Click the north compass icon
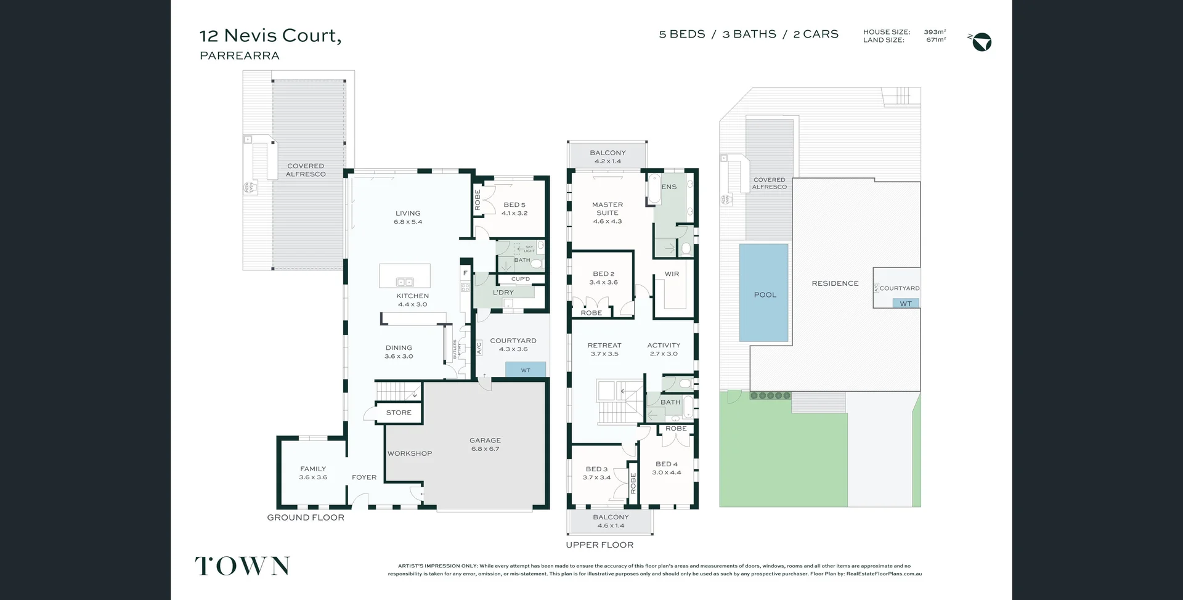click(x=982, y=42)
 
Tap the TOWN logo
click(x=242, y=566)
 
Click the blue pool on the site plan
click(x=764, y=293)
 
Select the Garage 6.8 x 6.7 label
click(x=485, y=444)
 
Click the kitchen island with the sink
click(x=404, y=276)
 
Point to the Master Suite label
click(x=607, y=212)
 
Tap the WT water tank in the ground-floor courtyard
click(x=526, y=370)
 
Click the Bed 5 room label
click(x=514, y=209)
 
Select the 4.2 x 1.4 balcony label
click(x=608, y=156)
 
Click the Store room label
click(x=399, y=412)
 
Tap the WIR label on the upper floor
click(x=672, y=274)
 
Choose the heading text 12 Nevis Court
click(x=270, y=35)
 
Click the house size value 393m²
click(x=935, y=32)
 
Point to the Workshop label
click(x=410, y=453)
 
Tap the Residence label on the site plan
click(x=835, y=283)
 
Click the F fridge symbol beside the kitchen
click(x=465, y=273)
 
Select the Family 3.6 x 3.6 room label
click(x=313, y=472)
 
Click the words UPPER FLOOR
click(x=600, y=545)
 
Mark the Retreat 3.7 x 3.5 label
click(x=604, y=349)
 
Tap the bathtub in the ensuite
click(x=653, y=189)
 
